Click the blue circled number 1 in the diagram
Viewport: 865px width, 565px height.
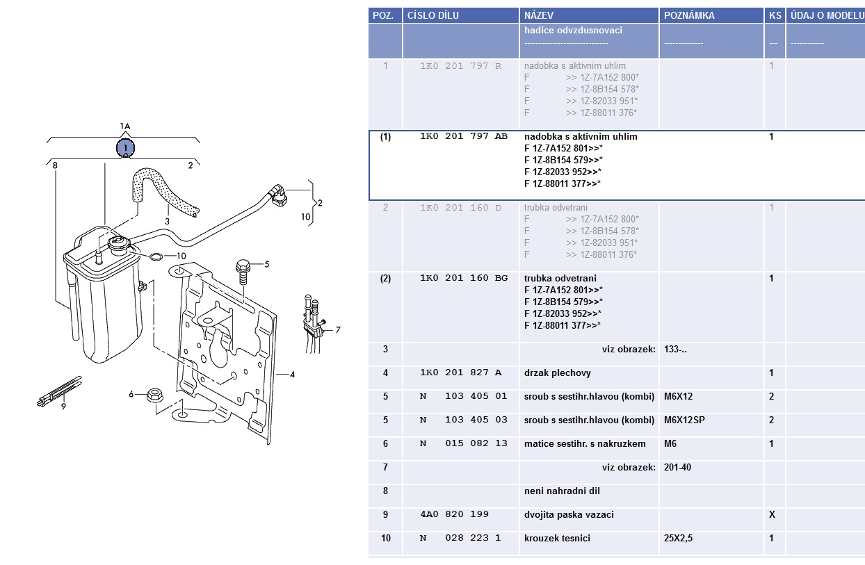[x=125, y=148]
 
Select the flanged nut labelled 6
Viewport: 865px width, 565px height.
[x=154, y=396]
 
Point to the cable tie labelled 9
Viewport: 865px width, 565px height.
[x=60, y=391]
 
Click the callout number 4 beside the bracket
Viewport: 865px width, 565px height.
[x=292, y=375]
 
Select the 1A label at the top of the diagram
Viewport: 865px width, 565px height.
[x=125, y=126]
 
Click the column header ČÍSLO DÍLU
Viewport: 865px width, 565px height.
[x=432, y=15]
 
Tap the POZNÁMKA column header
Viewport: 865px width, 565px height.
[x=689, y=15]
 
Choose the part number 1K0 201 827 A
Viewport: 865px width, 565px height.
[x=460, y=373]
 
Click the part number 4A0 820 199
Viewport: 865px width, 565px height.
[x=454, y=515]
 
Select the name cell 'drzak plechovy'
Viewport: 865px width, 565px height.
[x=558, y=373]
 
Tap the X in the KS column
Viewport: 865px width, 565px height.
[x=771, y=515]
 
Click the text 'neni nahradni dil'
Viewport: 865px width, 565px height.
[x=562, y=491]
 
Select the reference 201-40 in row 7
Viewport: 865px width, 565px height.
[x=677, y=468]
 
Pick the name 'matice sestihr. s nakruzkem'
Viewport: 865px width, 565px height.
[x=585, y=444]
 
